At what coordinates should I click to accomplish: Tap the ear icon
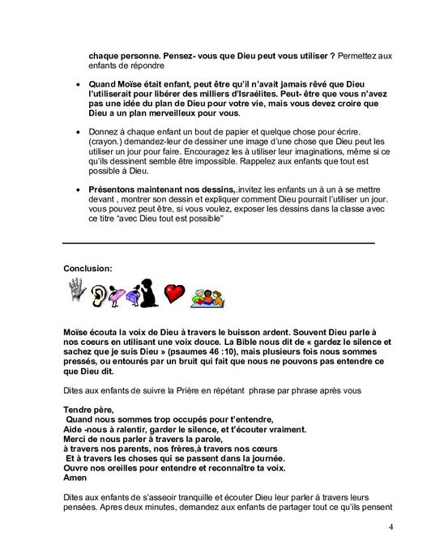coord(100,293)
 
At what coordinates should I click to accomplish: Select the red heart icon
coord(172,294)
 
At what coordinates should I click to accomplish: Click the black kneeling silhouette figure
coord(148,293)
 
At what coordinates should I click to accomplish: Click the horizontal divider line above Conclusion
coord(219,242)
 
